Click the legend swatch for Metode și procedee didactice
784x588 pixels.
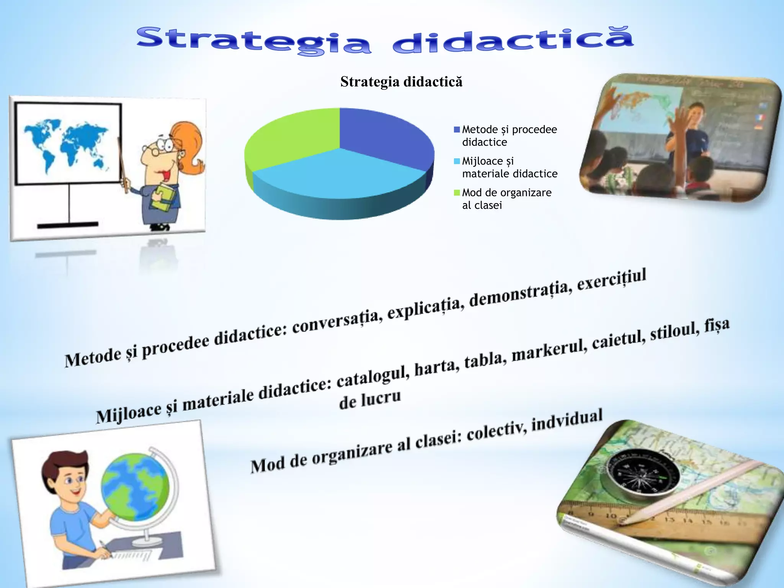tap(457, 130)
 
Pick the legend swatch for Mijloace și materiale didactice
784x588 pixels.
tap(457, 161)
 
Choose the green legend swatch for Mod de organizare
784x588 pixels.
tap(457, 193)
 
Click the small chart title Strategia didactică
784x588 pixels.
tap(401, 82)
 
